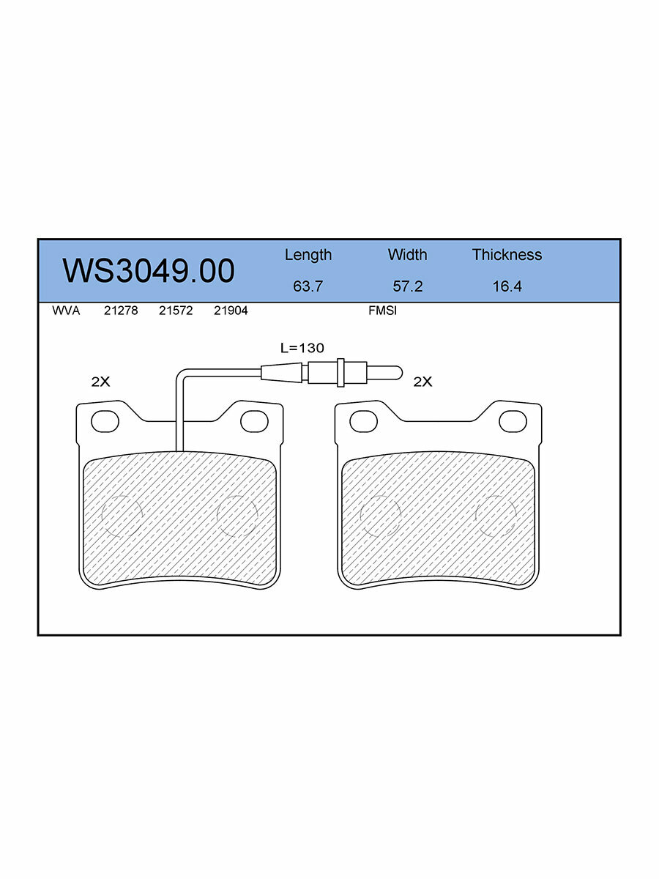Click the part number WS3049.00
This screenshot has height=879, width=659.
pyautogui.click(x=149, y=271)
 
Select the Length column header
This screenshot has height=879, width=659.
pyautogui.click(x=308, y=255)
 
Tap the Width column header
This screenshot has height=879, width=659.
pyautogui.click(x=407, y=255)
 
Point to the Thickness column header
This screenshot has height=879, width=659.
pyautogui.click(x=507, y=255)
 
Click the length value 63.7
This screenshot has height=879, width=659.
pyautogui.click(x=308, y=286)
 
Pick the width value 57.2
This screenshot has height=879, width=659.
pyautogui.click(x=408, y=286)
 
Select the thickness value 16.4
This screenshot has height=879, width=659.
pyautogui.click(x=507, y=286)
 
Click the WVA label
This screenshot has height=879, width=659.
pyautogui.click(x=66, y=311)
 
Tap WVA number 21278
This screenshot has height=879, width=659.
pyautogui.click(x=121, y=311)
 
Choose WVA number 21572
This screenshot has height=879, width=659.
pyautogui.click(x=176, y=311)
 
